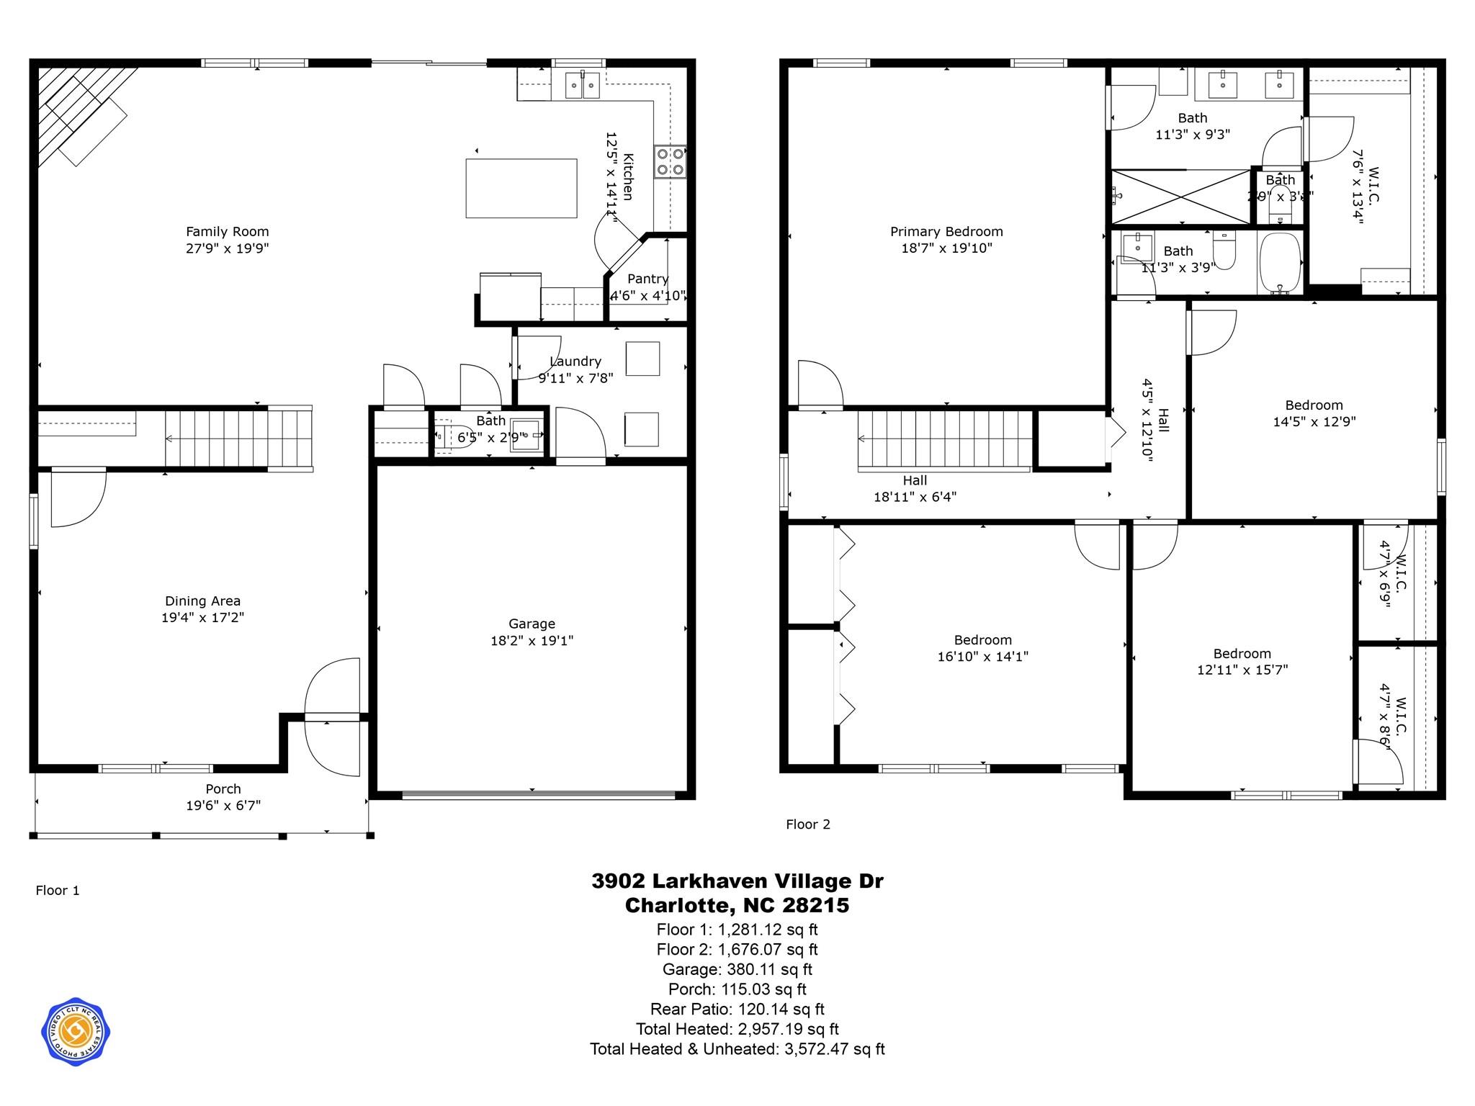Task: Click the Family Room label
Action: tap(227, 232)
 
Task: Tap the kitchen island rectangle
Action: tap(521, 188)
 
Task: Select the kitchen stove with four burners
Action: tap(670, 162)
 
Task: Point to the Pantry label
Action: tap(647, 279)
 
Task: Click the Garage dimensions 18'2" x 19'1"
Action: tap(532, 641)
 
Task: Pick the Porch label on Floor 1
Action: tap(223, 789)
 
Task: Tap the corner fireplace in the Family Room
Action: tap(79, 115)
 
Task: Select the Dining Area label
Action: tap(202, 601)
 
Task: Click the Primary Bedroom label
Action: tap(946, 232)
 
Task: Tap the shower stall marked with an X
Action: tap(1181, 197)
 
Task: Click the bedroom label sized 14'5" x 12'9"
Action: tap(1314, 405)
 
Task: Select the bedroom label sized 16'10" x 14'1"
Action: tap(982, 640)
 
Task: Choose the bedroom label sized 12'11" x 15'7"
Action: tap(1242, 654)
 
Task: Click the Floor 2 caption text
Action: tap(807, 824)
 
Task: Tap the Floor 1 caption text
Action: tap(58, 891)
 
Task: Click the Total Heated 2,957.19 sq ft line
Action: tap(737, 1029)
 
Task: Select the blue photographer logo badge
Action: tap(75, 1032)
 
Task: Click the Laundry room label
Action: tap(575, 361)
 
